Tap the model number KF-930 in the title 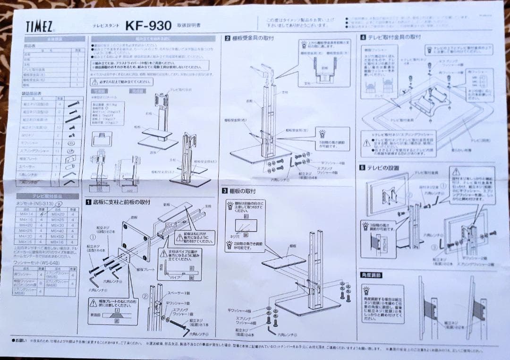tap(148, 26)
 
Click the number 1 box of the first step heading tap(88, 202)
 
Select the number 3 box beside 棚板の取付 tap(225, 191)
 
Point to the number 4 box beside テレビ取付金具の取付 tap(363, 37)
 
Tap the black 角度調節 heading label tap(371, 274)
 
